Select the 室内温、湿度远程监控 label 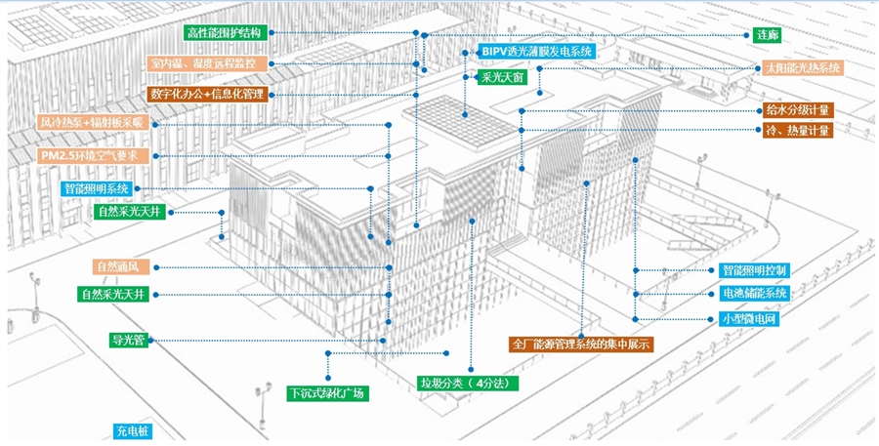pos(208,63)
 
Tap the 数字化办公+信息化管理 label pos(208,94)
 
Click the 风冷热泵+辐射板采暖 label pos(91,124)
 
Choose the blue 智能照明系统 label pos(96,188)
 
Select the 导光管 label pos(128,341)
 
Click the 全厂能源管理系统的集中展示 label pos(581,345)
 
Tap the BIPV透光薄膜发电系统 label pos(537,50)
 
